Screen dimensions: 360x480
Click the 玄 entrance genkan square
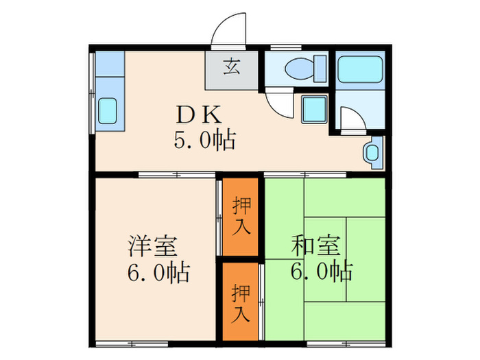click(232, 69)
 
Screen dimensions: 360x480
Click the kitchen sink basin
click(108, 110)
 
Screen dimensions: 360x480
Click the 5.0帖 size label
click(204, 141)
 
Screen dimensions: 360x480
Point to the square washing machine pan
click(315, 108)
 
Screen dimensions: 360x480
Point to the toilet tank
click(320, 69)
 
